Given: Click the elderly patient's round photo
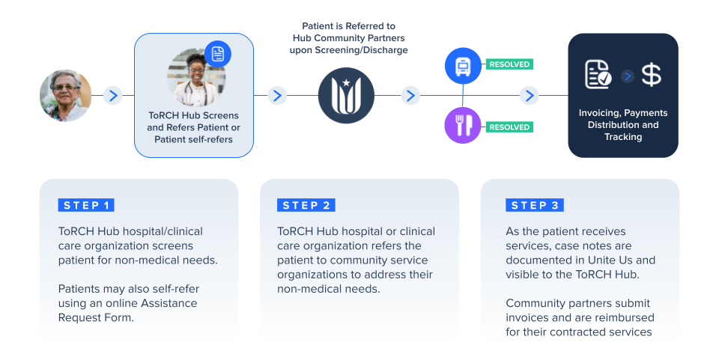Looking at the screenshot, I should pyautogui.click(x=66, y=96).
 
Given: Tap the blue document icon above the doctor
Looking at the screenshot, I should pyautogui.click(x=218, y=54).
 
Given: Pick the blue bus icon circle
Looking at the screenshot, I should pyautogui.click(x=462, y=65).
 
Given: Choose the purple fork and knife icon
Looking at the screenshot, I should pyautogui.click(x=462, y=126).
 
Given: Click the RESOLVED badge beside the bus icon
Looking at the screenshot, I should pyautogui.click(x=509, y=64).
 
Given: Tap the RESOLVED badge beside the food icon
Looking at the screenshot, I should pyautogui.click(x=509, y=127).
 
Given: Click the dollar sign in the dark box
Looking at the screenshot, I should pyautogui.click(x=652, y=76).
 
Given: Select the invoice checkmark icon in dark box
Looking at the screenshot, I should pyautogui.click(x=598, y=75).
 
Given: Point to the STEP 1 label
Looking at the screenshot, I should pyautogui.click(x=86, y=205).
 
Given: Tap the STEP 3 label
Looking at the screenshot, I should pyautogui.click(x=535, y=205).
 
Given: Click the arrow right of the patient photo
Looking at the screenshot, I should pyautogui.click(x=113, y=96).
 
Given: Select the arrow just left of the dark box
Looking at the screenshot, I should pyautogui.click(x=530, y=96).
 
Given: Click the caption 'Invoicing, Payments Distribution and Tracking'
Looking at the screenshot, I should pyautogui.click(x=623, y=125).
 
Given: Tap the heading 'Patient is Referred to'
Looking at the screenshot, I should pyautogui.click(x=349, y=26).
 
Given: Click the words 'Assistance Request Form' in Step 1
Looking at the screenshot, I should pyautogui.click(x=127, y=310).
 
